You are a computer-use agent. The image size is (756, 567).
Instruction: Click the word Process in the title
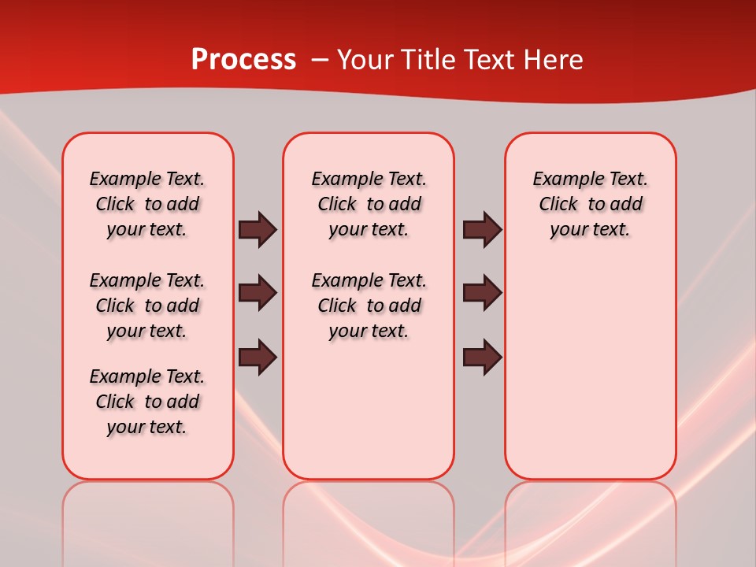(x=243, y=60)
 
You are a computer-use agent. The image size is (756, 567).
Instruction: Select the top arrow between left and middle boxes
(x=258, y=229)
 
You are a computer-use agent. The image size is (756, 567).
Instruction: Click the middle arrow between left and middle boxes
(x=258, y=293)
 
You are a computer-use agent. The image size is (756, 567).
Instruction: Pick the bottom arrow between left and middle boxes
(x=258, y=357)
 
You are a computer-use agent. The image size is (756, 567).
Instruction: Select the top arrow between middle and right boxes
(x=482, y=229)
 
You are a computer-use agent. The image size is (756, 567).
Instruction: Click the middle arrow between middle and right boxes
(x=482, y=293)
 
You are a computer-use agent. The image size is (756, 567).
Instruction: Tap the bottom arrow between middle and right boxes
(x=482, y=357)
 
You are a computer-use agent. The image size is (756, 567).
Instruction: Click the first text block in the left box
(x=147, y=204)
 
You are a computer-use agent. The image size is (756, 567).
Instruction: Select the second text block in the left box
(x=147, y=306)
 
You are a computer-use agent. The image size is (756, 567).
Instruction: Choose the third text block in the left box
(x=147, y=402)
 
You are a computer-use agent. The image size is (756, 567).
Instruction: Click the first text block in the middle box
(x=369, y=204)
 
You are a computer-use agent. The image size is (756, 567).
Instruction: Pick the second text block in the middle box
(x=369, y=306)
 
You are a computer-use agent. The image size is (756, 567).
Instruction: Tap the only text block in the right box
(x=591, y=204)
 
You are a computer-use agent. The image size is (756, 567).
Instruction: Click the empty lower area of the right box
(x=591, y=378)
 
